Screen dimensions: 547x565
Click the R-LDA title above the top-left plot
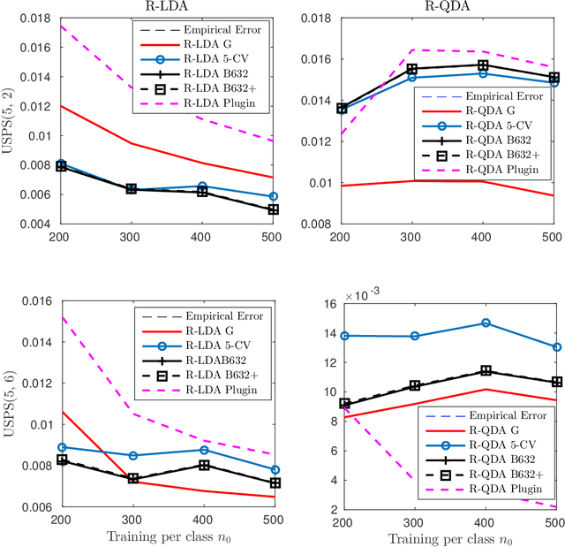165,6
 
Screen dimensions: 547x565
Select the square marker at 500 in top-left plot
274,209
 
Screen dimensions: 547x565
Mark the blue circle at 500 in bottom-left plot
274,470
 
